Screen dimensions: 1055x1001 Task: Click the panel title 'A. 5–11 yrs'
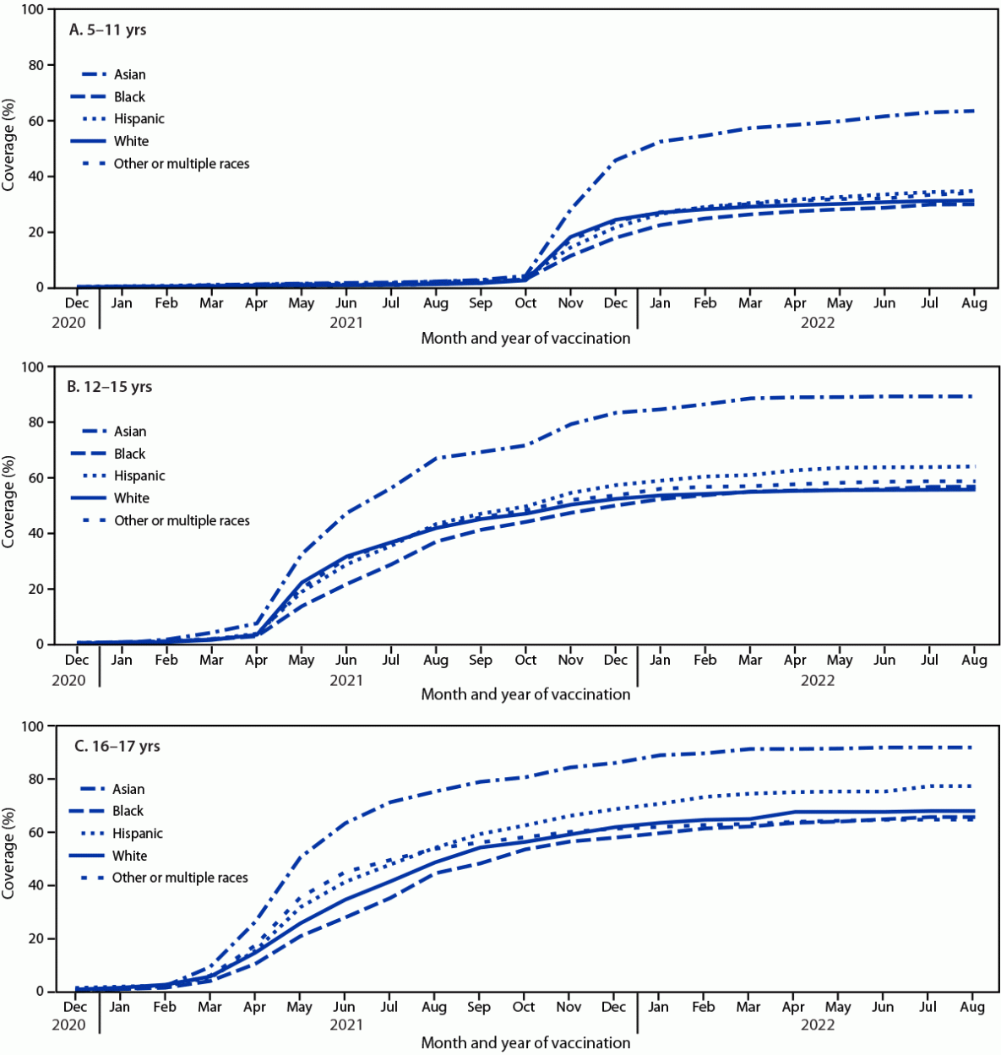pos(107,30)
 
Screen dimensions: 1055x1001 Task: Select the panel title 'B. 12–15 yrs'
pos(110,387)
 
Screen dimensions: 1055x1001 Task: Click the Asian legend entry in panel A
pos(129,74)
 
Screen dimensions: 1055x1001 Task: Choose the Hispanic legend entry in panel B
pos(139,476)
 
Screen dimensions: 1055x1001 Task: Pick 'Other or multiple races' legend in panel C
pos(180,878)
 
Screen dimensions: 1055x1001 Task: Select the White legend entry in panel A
pos(131,141)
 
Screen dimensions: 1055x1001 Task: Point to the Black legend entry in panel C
pos(128,811)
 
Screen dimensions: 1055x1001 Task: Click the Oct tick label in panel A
pos(525,303)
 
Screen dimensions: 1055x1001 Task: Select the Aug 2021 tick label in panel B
pos(436,661)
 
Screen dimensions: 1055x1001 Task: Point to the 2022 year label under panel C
pos(817,1025)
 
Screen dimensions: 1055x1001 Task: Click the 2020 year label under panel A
pos(69,322)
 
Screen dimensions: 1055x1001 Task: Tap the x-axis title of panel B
pos(525,694)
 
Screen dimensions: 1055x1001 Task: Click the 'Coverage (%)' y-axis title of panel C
pos(9,853)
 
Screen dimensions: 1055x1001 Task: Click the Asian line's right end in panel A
pos(973,111)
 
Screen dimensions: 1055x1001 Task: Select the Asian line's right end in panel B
pos(973,396)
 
